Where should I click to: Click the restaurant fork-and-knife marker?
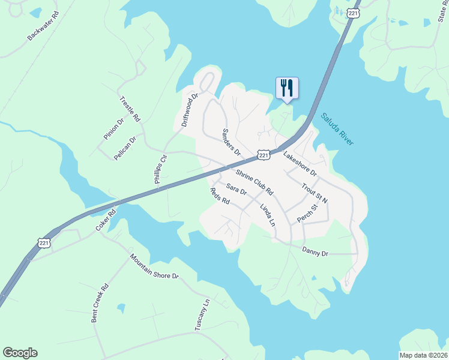tap(287, 88)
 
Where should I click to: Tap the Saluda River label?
tap(337, 129)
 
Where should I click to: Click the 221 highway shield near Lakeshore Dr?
tap(263, 155)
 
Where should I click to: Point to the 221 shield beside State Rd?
tap(353, 12)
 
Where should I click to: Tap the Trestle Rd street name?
tap(130, 109)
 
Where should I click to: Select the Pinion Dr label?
tap(113, 129)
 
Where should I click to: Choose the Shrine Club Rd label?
tap(255, 182)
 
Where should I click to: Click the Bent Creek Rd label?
tap(100, 304)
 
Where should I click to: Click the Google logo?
tap(20, 353)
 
